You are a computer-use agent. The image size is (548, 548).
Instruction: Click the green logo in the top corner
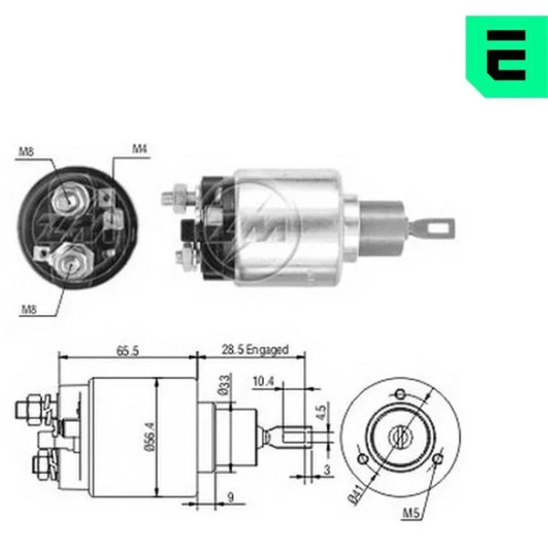[507, 57]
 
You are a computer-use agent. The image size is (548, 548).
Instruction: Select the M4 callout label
[140, 149]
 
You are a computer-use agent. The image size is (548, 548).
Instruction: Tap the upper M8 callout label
[26, 152]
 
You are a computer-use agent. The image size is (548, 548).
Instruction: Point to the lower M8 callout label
[29, 310]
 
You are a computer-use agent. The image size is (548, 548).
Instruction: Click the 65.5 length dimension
[128, 350]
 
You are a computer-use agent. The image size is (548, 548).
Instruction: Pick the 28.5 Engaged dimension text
[255, 350]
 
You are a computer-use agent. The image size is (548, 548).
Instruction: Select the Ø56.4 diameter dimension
[150, 437]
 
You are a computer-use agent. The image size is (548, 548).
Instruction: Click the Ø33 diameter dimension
[224, 385]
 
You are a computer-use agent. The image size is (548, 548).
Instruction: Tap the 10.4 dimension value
[263, 381]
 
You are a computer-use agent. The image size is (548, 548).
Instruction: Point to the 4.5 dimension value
[321, 412]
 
